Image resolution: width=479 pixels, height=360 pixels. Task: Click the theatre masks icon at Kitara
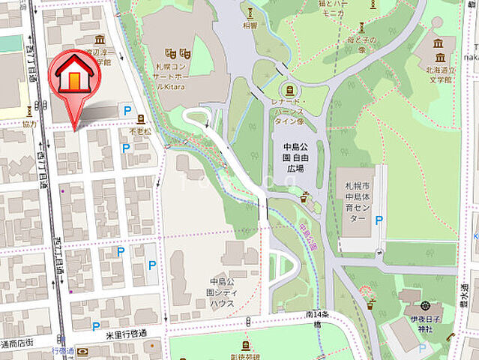pos(178,54)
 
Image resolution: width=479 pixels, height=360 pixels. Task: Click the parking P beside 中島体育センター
pos(379,220)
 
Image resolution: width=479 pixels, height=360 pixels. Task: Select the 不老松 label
pos(139,130)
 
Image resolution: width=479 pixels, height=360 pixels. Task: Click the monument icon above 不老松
pos(140,118)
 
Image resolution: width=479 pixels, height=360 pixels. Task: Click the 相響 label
pos(250,25)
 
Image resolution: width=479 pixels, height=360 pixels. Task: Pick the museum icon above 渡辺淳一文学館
pos(100,39)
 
